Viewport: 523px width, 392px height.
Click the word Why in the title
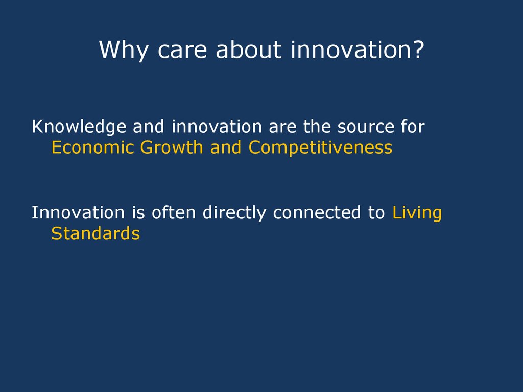click(124, 51)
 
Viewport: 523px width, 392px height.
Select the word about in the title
click(249, 50)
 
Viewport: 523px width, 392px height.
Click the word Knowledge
click(79, 127)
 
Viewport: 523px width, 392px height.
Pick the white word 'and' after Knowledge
click(149, 127)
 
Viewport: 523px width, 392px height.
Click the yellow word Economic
click(93, 148)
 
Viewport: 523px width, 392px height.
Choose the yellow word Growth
click(172, 148)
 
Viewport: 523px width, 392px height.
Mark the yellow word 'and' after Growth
click(226, 148)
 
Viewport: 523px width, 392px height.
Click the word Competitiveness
click(321, 148)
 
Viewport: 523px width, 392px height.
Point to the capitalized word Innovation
click(78, 213)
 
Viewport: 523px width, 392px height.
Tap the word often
click(174, 212)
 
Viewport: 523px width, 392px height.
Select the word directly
click(234, 214)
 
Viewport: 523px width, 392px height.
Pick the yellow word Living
click(417, 214)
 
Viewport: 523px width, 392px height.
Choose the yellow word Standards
click(96, 233)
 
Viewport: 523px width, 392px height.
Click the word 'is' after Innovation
click(138, 213)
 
